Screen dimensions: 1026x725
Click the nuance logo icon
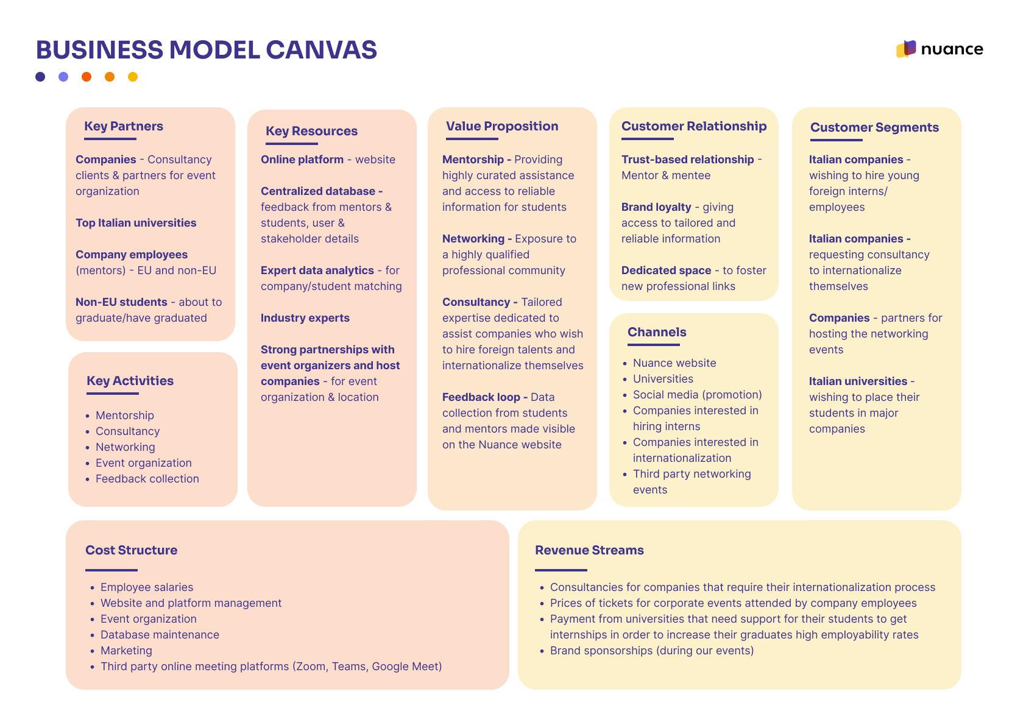click(906, 49)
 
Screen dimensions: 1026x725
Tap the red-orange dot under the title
click(87, 77)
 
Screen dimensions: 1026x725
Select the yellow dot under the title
click(133, 77)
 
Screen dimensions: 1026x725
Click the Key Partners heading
click(124, 126)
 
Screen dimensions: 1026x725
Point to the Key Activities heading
click(130, 381)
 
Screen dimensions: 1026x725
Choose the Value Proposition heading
click(502, 126)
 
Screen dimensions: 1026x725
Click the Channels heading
click(657, 332)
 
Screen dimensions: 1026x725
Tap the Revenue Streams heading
click(590, 550)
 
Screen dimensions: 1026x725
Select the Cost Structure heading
click(132, 550)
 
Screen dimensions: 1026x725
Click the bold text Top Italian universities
click(136, 223)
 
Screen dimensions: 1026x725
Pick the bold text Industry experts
click(305, 318)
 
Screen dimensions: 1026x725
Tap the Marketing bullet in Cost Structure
click(126, 651)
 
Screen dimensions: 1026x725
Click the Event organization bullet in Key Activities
click(144, 463)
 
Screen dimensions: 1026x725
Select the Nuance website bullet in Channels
click(674, 363)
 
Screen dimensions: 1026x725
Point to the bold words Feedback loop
click(481, 398)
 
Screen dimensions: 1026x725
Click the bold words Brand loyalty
click(656, 208)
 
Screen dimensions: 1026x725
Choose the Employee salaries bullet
click(147, 587)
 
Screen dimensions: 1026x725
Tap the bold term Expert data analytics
click(317, 271)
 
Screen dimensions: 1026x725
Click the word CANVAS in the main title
click(322, 50)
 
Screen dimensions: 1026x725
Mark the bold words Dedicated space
click(667, 271)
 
